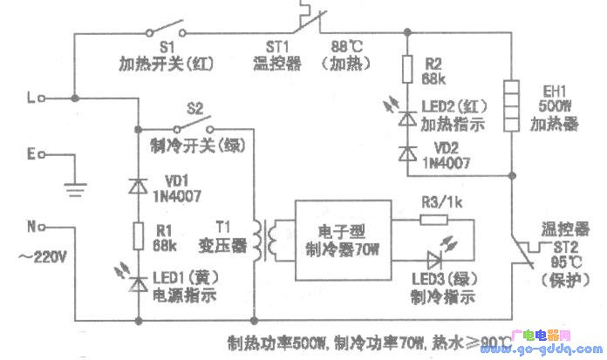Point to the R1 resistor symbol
tap(138, 233)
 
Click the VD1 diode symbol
tap(138, 186)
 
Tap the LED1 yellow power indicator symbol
tap(138, 282)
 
